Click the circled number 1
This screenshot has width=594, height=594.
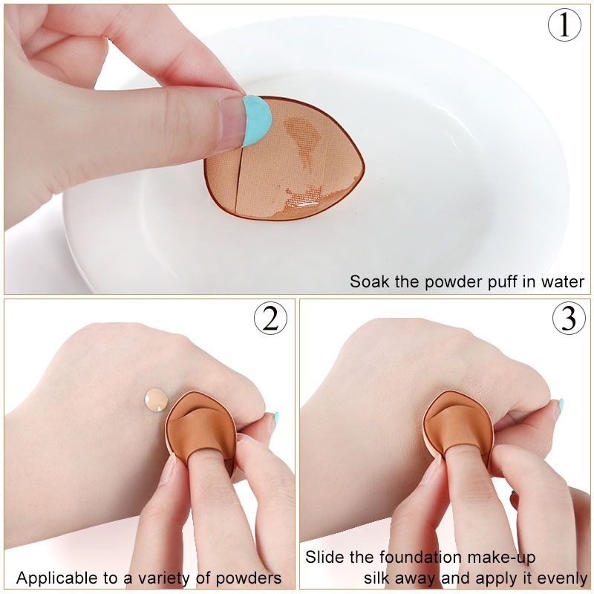coord(564,25)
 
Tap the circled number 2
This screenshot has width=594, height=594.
coord(270,319)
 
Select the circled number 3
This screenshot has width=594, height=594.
coord(569,319)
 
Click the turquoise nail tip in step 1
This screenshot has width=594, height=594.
coord(257,120)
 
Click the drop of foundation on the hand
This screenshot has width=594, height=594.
coord(157,399)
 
